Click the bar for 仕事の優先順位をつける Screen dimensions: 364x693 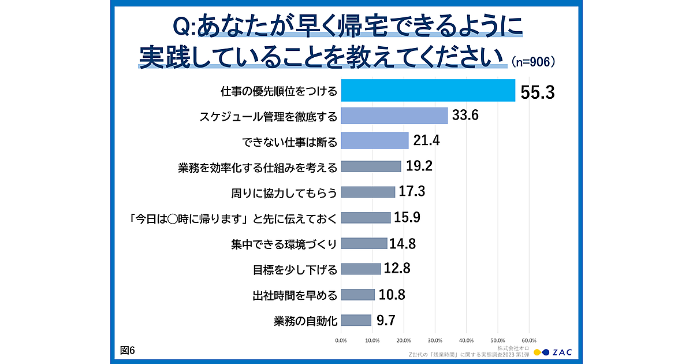click(427, 90)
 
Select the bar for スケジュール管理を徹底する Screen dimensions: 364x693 click(394, 116)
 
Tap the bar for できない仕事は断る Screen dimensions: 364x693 click(374, 140)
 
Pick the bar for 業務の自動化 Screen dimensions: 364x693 click(356, 320)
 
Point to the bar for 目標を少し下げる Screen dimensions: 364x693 click(361, 269)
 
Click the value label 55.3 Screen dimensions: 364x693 click(537, 91)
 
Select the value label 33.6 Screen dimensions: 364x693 click(465, 116)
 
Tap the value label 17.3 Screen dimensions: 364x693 click(413, 192)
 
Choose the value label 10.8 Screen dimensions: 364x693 click(392, 295)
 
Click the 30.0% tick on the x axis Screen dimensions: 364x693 click(435, 340)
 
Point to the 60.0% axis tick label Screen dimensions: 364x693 click(529, 340)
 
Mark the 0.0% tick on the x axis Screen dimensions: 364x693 click(341, 340)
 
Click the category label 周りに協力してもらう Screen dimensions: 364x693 click(284, 192)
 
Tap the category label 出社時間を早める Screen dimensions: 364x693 click(295, 295)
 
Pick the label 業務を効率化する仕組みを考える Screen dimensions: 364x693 click(258, 167)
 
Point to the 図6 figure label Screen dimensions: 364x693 click(128, 351)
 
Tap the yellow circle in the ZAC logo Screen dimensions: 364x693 click(537, 352)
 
